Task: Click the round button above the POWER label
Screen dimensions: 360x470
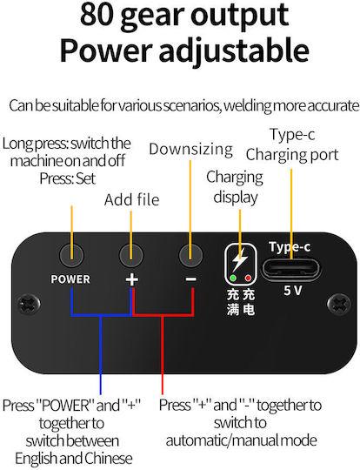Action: tap(71, 255)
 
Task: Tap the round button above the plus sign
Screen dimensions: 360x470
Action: tap(131, 255)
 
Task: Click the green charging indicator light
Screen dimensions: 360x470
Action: tap(233, 279)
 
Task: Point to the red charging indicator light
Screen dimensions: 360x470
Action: tap(248, 279)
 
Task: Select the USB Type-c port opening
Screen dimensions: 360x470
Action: tap(290, 269)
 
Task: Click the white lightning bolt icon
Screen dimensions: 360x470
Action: tap(240, 259)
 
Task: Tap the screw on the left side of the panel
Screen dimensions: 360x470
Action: tap(29, 305)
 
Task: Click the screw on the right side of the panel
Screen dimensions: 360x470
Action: tap(338, 305)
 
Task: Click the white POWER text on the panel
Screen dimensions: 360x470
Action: tap(70, 279)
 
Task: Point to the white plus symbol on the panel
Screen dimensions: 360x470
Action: tap(131, 279)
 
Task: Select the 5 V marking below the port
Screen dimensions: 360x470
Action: tap(293, 290)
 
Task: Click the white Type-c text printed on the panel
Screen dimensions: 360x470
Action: tap(290, 247)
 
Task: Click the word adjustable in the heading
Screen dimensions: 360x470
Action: tap(234, 50)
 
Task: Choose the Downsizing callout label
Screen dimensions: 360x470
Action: tap(190, 149)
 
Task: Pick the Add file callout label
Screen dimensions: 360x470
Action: tap(132, 199)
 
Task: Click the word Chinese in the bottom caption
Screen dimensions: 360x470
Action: tap(108, 459)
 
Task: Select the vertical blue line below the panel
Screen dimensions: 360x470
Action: tap(101, 355)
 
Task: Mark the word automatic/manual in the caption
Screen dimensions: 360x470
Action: tap(223, 440)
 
